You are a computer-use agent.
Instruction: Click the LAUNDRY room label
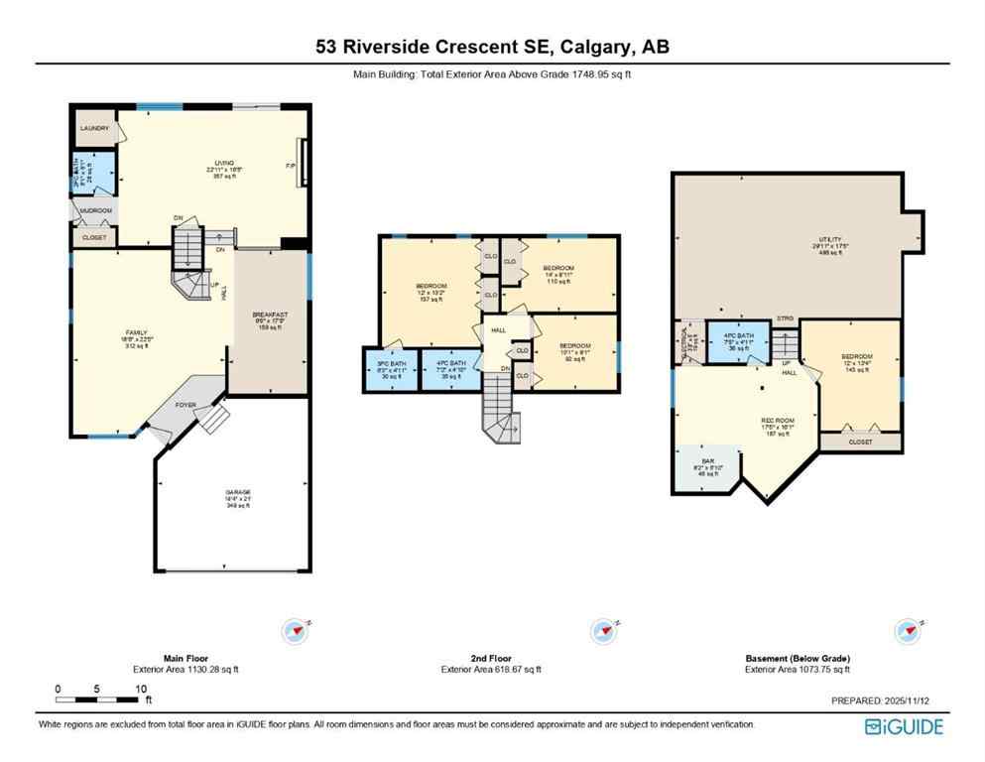click(95, 128)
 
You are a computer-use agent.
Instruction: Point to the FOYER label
click(185, 405)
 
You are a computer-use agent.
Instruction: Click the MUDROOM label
click(96, 210)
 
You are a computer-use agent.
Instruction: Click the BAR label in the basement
click(707, 461)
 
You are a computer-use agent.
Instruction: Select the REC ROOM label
click(776, 421)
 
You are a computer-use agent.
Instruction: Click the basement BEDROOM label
click(856, 356)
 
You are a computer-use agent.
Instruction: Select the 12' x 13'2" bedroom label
click(431, 287)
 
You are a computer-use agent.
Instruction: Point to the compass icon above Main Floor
click(295, 631)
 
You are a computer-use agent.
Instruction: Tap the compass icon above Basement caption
click(906, 631)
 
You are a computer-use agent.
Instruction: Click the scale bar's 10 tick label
click(142, 689)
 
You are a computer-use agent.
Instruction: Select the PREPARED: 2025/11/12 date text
click(887, 700)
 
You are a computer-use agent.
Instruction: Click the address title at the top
click(492, 48)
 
